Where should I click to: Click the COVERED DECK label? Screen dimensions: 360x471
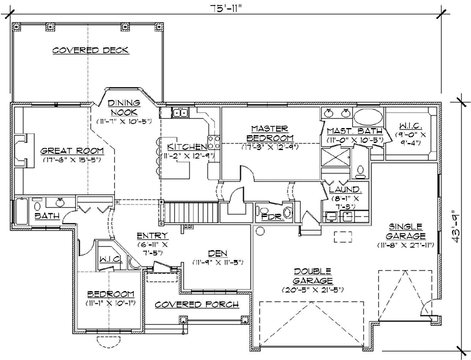click(90, 50)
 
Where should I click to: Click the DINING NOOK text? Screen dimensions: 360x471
click(121, 107)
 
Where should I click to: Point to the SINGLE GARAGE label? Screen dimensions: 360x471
click(407, 231)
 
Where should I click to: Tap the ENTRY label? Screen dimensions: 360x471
click(153, 235)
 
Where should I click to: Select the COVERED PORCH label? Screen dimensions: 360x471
click(196, 304)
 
